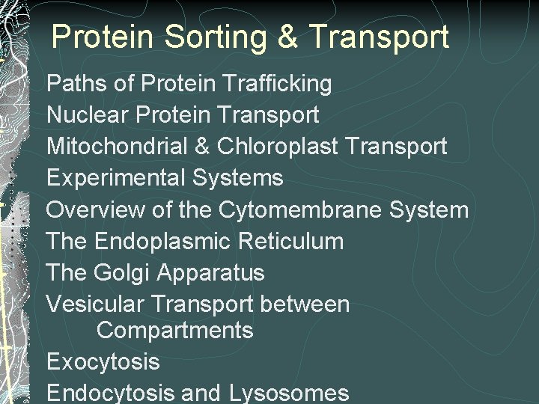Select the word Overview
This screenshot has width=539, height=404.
pos(95,209)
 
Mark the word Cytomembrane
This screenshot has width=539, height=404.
pos(300,209)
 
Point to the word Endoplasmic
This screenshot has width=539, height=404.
pos(162,241)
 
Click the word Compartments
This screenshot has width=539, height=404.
pos(175,330)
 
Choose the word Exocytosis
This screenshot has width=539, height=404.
pos(103,361)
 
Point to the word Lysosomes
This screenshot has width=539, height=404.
pos(289,393)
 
